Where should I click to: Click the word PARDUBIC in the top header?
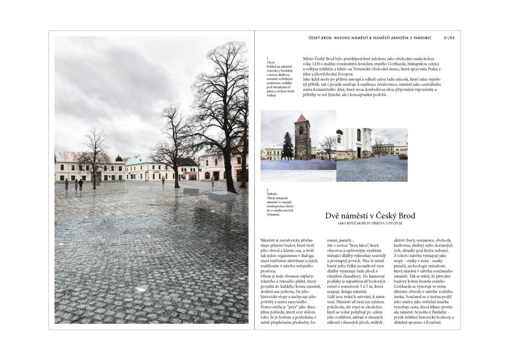423,38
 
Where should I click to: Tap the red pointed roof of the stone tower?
301,119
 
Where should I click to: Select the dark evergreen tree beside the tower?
287,146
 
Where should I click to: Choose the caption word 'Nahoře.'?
272,194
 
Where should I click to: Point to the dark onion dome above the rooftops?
118,158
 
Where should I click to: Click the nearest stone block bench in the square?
222,196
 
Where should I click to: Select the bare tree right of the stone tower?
328,146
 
